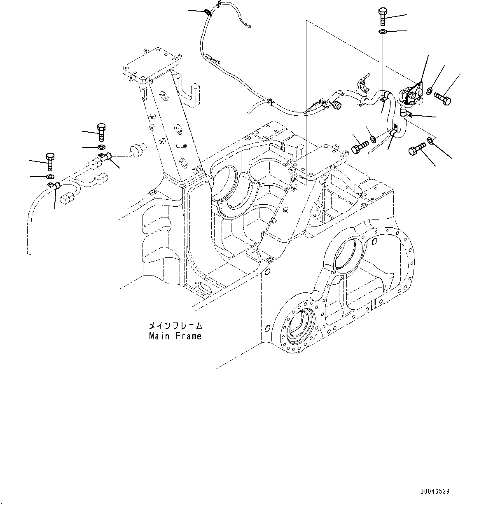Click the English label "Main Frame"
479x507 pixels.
point(175,336)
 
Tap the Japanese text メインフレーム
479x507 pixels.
point(175,326)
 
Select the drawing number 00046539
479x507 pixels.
point(435,491)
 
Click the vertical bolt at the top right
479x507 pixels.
point(381,16)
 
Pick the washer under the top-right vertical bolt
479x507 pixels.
point(382,32)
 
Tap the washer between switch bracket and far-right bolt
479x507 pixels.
point(430,91)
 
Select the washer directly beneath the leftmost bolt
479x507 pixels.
point(49,177)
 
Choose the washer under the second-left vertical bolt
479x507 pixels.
point(101,147)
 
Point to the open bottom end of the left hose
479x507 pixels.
point(29,252)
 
